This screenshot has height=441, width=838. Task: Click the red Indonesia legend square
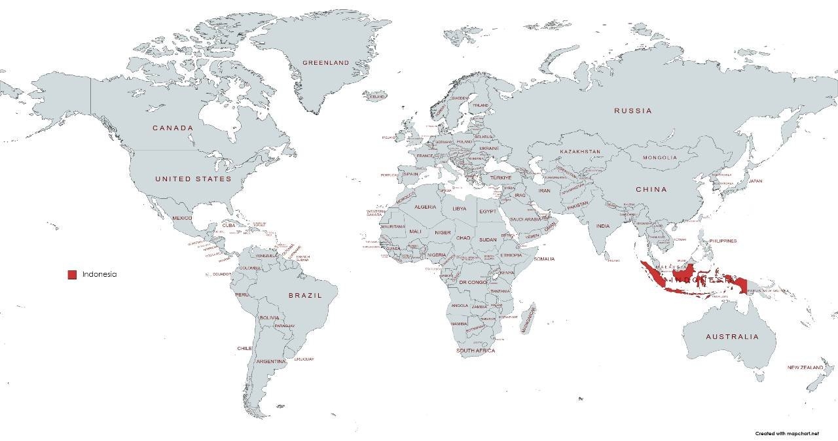(72, 275)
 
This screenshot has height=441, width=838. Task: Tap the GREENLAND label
(325, 63)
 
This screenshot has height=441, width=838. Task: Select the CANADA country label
(173, 128)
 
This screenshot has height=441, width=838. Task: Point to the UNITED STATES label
(193, 179)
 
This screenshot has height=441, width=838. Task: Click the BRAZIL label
(305, 296)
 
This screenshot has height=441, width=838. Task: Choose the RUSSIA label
(632, 111)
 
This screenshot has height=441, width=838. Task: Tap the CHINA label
(651, 189)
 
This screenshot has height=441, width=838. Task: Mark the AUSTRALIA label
(732, 337)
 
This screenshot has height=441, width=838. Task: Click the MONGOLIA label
(659, 158)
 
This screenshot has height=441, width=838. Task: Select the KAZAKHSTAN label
(579, 152)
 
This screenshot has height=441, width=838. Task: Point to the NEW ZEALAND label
(805, 368)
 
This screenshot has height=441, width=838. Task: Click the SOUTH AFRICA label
(475, 351)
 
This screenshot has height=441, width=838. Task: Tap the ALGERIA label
(425, 207)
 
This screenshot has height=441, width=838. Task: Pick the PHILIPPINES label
(723, 241)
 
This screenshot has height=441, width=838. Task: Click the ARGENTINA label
(270, 361)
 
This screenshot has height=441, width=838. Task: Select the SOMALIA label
(543, 259)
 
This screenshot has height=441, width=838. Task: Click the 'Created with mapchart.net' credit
(786, 433)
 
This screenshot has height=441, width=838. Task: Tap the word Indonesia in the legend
(100, 275)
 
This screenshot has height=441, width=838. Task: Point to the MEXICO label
(182, 218)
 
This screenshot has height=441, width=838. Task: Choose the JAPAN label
(756, 181)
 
